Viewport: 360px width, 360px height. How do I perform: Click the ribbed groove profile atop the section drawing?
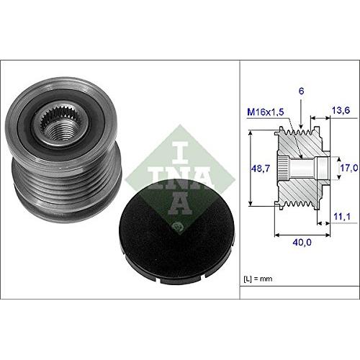pos(300,134)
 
